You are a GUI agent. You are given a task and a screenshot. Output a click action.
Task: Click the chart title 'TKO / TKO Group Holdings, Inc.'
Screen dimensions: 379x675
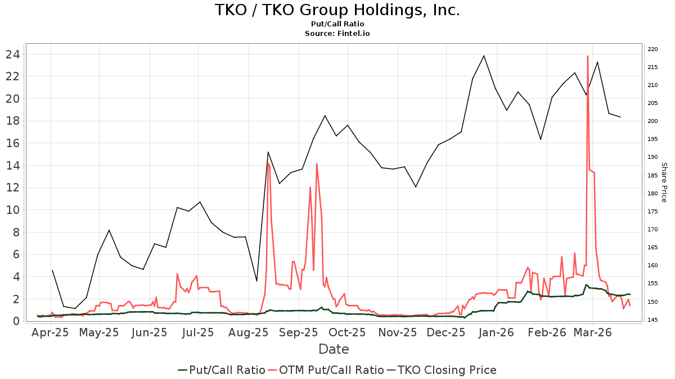(x=337, y=10)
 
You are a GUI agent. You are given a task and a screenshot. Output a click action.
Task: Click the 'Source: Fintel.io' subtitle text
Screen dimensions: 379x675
(x=337, y=34)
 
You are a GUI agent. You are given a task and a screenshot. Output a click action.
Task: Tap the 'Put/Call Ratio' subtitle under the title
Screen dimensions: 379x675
(x=337, y=24)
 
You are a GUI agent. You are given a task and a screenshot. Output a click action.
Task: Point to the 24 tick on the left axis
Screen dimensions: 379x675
(x=13, y=54)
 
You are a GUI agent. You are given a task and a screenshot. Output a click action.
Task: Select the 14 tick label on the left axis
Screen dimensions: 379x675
(x=13, y=166)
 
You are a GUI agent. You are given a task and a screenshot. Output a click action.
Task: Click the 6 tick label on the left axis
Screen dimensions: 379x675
(x=17, y=254)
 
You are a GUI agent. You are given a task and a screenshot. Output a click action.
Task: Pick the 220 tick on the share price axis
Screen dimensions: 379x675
(x=652, y=49)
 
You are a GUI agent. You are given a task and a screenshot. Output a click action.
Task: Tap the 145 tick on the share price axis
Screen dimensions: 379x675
(x=652, y=320)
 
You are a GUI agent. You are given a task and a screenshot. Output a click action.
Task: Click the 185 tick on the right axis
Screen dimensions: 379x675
(x=652, y=176)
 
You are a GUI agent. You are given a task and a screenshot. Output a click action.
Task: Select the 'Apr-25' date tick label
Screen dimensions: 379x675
(x=51, y=332)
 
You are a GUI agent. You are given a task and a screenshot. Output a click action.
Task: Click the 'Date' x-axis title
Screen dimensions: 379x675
(x=334, y=349)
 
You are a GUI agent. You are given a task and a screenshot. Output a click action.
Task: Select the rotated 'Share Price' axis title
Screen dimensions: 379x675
(x=664, y=182)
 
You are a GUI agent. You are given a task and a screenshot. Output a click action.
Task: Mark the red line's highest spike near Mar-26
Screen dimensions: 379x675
(x=587, y=56)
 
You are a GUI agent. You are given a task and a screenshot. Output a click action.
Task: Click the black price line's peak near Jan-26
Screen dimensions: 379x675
(x=484, y=56)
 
